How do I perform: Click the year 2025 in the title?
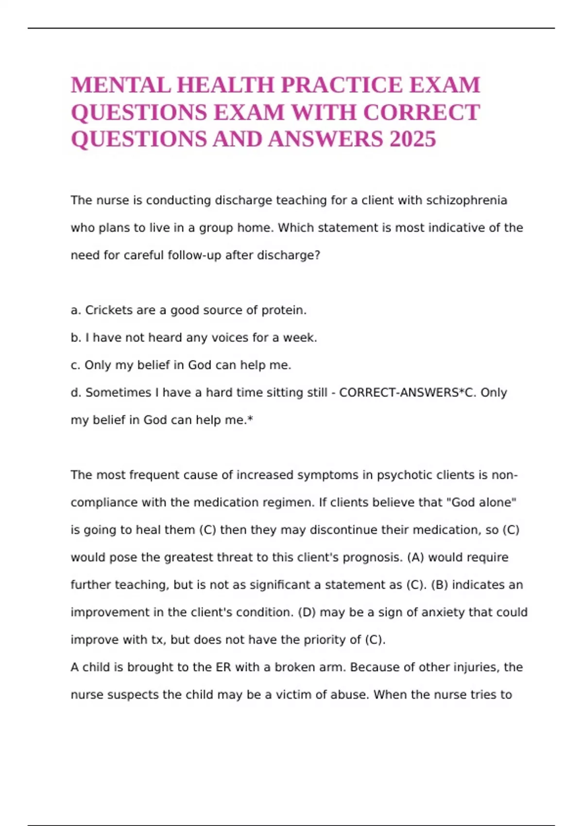412,139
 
